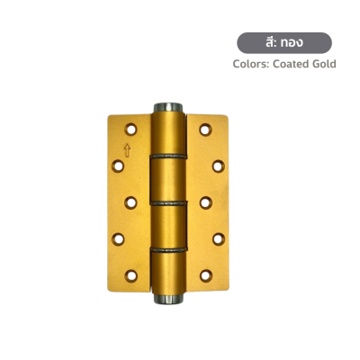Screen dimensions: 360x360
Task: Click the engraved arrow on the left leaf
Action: click(x=127, y=150)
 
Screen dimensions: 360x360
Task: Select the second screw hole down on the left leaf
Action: click(x=119, y=165)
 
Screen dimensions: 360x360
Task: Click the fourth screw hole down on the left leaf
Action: click(x=119, y=238)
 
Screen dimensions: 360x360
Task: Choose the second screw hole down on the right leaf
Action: click(x=217, y=165)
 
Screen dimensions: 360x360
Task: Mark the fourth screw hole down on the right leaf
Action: click(x=217, y=238)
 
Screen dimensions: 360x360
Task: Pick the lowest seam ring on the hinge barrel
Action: click(x=168, y=247)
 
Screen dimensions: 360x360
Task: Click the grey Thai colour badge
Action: click(x=283, y=43)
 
